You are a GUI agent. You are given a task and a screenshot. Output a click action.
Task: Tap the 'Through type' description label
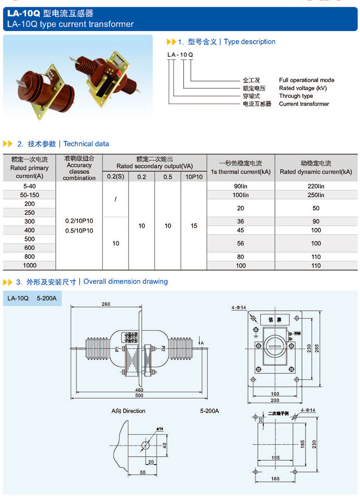click(296, 96)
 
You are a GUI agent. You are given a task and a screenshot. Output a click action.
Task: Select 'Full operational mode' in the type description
click(306, 80)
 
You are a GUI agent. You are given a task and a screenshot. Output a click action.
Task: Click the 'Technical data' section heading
click(86, 144)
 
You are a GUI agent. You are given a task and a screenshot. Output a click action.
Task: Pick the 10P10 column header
click(194, 177)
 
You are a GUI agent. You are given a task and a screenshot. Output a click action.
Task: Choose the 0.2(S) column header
click(116, 177)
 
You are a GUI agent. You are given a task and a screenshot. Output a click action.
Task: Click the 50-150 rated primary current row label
click(30, 195)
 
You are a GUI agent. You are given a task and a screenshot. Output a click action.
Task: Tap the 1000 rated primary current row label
click(30, 265)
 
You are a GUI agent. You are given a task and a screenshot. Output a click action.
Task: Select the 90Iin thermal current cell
click(241, 186)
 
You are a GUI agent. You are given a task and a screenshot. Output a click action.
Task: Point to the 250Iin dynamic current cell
click(316, 195)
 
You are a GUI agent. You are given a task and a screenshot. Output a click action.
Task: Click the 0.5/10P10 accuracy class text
click(79, 231)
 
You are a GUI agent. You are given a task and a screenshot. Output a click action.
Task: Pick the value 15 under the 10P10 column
click(194, 226)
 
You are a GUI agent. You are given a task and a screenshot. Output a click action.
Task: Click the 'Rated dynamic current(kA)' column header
click(316, 172)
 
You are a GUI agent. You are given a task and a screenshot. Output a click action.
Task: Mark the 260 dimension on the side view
click(106, 304)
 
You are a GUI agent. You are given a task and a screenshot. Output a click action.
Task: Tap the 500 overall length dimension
click(139, 395)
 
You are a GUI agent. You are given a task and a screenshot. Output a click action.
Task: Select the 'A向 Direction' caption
click(128, 411)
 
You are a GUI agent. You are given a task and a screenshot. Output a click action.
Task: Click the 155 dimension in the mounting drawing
click(275, 458)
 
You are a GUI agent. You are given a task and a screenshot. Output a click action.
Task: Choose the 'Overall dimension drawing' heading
click(126, 281)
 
